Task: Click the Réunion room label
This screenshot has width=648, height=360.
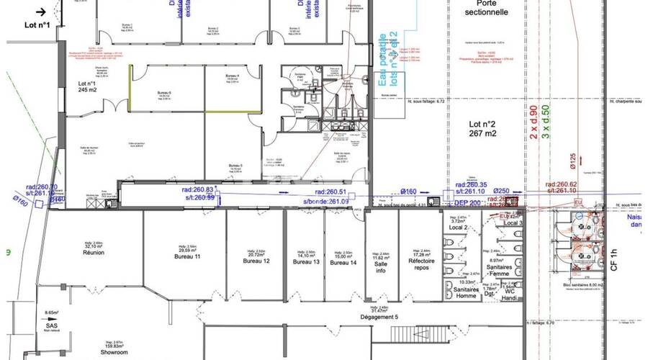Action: click(x=94, y=253)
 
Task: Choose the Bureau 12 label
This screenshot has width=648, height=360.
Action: click(x=256, y=261)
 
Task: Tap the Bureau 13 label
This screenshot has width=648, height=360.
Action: click(x=306, y=261)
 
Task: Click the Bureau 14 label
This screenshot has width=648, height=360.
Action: click(x=343, y=262)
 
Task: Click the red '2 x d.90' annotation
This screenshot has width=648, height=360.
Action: click(x=534, y=122)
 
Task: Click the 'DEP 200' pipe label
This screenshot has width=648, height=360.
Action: click(x=467, y=204)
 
